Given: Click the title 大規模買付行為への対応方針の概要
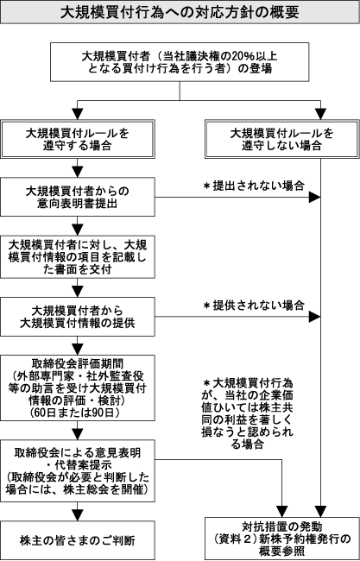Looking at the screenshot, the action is pos(180,12).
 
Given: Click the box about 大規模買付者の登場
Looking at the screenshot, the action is pos(180,62).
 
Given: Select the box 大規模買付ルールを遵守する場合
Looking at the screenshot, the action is pos(78,139).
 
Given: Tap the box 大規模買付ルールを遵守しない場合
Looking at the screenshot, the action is pos(282,139).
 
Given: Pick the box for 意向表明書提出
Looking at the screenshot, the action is pos(78,197).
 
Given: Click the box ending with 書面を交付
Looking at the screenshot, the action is pos(78,257).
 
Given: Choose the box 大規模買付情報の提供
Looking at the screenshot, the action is pos(78,317).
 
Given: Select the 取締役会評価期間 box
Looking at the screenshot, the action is pos(78,388).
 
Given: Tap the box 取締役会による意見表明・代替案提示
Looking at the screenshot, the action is pos(78,471).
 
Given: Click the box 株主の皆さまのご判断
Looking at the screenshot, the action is pos(78,540).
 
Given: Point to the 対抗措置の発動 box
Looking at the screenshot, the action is pos(282,538).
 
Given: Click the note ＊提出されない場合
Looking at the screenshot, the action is pos(254,186).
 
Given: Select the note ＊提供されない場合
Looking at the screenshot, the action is pos(254,306).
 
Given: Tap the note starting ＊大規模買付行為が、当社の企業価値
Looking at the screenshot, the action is pos(247,413).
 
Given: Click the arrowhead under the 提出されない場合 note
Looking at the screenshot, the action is pos(314,197).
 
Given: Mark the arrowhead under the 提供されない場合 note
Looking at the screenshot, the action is pos(314,317).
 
